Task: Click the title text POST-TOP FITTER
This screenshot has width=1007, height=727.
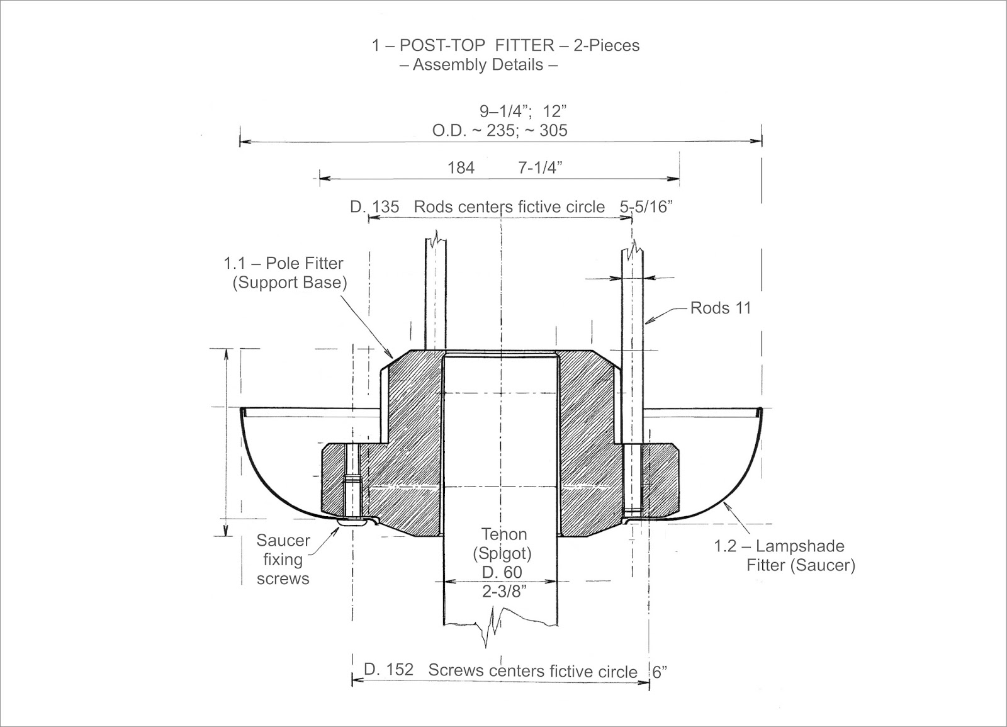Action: pos(476,45)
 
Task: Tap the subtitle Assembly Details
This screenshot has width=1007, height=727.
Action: pos(478,65)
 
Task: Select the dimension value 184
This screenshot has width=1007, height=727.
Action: pos(461,168)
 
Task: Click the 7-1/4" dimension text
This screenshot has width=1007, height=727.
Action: pos(540,168)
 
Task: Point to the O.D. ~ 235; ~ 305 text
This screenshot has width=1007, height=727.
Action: pos(500,131)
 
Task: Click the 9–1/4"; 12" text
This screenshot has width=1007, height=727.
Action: pos(523,111)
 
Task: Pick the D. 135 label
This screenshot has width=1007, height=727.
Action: pos(374,207)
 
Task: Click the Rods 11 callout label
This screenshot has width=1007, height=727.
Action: pos(721,308)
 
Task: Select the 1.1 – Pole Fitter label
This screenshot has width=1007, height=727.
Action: pos(284,263)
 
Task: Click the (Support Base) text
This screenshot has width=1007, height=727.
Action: pos(290,283)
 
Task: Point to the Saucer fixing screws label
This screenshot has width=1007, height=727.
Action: pos(283,560)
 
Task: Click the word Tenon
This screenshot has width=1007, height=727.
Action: pos(503,534)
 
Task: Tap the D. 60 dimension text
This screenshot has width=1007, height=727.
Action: pos(502,573)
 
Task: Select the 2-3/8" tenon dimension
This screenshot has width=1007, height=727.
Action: pos(504,591)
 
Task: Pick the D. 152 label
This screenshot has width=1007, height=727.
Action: pos(388,670)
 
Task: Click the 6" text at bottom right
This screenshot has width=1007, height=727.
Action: pos(659,672)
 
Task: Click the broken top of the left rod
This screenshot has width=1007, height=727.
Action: pos(436,239)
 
